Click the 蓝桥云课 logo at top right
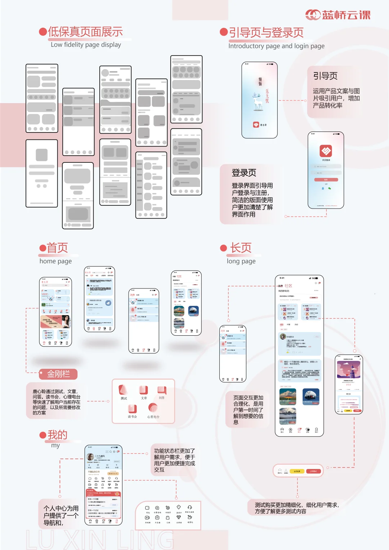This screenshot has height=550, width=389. click(337, 15)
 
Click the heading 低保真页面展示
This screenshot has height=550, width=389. click(85, 32)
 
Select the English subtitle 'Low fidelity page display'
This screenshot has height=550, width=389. click(86, 45)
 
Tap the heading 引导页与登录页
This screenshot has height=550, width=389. click(266, 32)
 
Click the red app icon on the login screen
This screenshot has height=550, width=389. click(326, 151)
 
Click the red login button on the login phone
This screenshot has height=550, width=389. click(326, 179)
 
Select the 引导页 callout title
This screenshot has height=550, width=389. click(325, 76)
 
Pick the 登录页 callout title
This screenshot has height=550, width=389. click(244, 173)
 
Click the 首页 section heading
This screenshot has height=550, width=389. click(57, 248)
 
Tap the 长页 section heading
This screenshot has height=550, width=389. click(241, 248)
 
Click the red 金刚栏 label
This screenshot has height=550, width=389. click(58, 374)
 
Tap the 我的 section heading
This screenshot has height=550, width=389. click(57, 435)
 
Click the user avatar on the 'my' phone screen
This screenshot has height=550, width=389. click(90, 456)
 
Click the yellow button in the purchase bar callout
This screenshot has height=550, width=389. click(297, 471)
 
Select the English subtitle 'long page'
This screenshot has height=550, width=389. click(241, 261)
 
